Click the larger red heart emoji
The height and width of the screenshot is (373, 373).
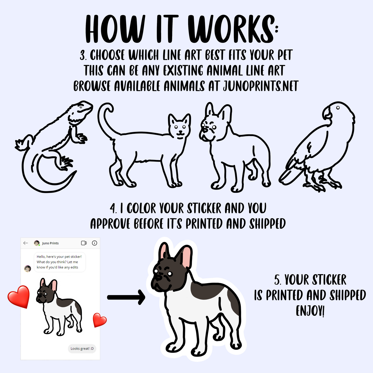click(x=19, y=297)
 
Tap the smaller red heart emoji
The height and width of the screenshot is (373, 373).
click(x=99, y=320)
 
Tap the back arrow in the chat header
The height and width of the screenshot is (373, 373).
click(x=26, y=243)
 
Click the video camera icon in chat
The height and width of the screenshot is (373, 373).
click(x=84, y=243)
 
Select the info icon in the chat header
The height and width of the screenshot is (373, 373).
click(x=94, y=243)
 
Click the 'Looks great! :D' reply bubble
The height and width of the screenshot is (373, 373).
click(x=82, y=349)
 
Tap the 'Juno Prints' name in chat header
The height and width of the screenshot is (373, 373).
click(x=50, y=243)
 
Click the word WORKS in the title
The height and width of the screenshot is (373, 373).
click(x=231, y=29)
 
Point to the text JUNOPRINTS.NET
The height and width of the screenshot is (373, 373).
click(x=261, y=86)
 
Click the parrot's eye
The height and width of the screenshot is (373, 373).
click(x=338, y=108)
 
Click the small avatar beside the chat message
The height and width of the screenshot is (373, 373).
click(x=28, y=269)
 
